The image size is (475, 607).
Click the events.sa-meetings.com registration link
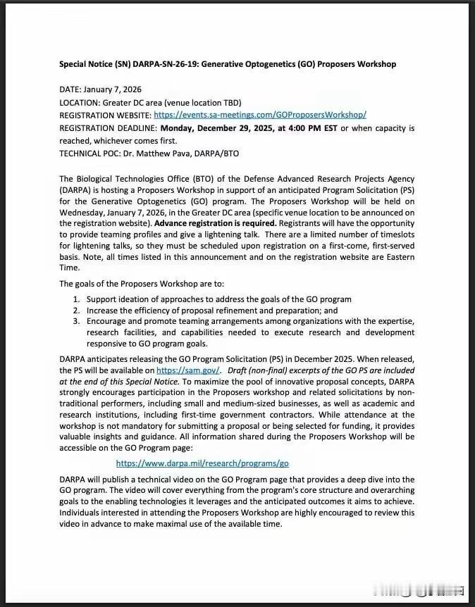point(259,115)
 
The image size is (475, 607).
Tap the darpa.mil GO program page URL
point(202,463)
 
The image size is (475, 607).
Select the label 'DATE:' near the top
point(70,89)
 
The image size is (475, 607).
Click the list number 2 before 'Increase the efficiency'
point(77,311)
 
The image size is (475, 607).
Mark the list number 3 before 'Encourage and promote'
point(77,321)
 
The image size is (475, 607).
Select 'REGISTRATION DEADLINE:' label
point(109,128)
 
